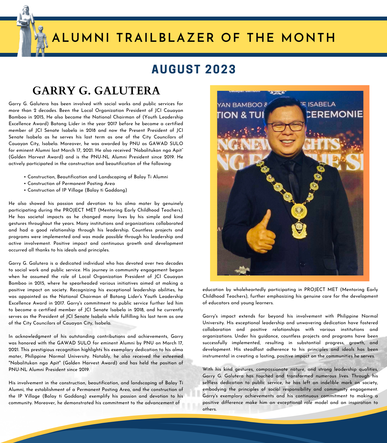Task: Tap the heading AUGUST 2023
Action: click(193, 69)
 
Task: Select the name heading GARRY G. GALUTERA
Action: click(96, 91)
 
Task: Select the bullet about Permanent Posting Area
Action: click(71, 184)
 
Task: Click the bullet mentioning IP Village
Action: click(77, 190)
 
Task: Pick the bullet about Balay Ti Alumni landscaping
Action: click(98, 177)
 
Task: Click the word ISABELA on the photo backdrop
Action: click(321, 105)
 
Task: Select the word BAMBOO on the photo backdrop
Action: click(248, 105)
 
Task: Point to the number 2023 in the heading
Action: click(220, 69)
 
